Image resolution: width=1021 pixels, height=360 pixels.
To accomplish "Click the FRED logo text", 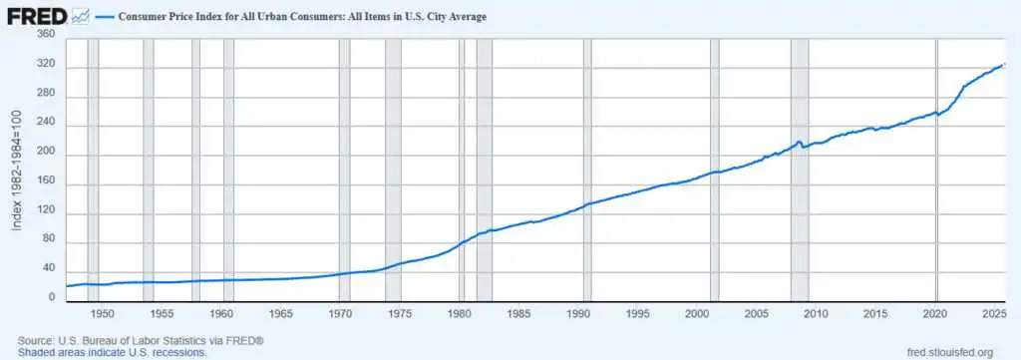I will (37, 17).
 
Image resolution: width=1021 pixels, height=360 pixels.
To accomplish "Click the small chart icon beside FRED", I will (81, 17).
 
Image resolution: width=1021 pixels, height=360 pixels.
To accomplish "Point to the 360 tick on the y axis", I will (46, 35).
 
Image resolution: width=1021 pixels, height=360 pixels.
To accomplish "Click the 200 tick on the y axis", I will (46, 155).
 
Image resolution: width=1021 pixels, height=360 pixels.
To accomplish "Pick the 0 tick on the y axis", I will (52, 297).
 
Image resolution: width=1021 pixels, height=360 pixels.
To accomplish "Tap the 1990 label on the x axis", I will (578, 314).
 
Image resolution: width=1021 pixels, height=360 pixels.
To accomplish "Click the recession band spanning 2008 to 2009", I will (800, 170).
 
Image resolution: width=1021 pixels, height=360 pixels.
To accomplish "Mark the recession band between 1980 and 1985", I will (485, 170).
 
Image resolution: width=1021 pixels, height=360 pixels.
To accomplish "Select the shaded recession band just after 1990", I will (587, 170).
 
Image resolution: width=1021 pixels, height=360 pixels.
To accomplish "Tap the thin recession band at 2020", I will (937, 170).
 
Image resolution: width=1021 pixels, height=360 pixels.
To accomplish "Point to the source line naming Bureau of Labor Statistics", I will (140, 341).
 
